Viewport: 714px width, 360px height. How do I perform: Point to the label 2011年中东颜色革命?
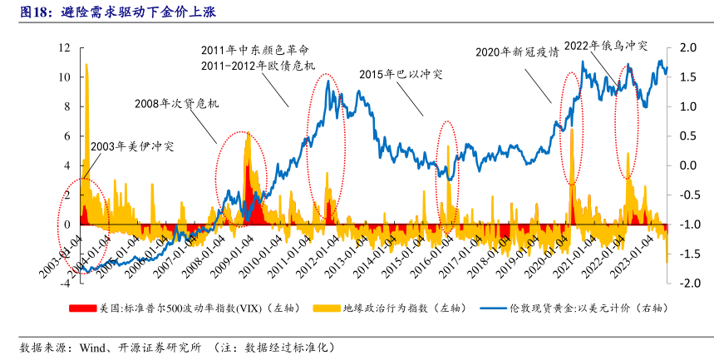[x=255, y=49]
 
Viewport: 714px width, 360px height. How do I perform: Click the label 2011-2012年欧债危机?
[x=258, y=65]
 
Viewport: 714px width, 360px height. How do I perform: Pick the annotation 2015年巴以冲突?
[x=401, y=74]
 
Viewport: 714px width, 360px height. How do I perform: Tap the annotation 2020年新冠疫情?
[x=516, y=52]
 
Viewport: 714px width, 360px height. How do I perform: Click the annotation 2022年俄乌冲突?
[x=605, y=45]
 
